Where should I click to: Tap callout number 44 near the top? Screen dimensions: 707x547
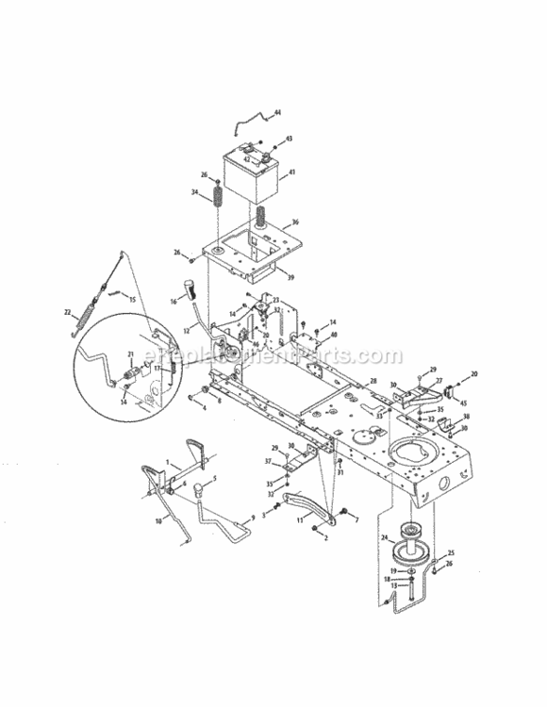pyautogui.click(x=277, y=114)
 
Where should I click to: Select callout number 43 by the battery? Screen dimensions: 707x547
pyautogui.click(x=289, y=139)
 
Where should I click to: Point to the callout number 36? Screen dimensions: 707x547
pyautogui.click(x=296, y=222)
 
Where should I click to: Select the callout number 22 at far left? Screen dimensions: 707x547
pyautogui.click(x=67, y=311)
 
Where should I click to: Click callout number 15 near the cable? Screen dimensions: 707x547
pyautogui.click(x=132, y=300)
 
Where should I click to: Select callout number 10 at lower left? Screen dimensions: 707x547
pyautogui.click(x=158, y=520)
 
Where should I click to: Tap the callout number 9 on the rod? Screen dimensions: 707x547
pyautogui.click(x=252, y=518)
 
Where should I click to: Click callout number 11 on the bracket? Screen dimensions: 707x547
pyautogui.click(x=300, y=519)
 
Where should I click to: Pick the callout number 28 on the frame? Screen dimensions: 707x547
pyautogui.click(x=373, y=382)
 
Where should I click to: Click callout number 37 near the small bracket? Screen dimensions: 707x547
pyautogui.click(x=267, y=461)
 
